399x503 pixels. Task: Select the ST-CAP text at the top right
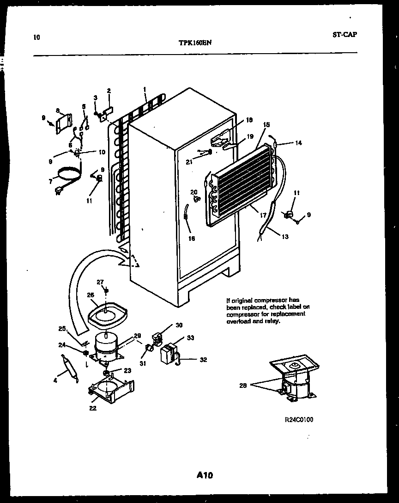(x=344, y=34)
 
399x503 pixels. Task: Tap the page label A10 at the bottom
(x=204, y=475)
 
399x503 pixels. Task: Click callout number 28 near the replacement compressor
(x=243, y=385)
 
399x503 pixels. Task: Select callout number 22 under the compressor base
(x=93, y=408)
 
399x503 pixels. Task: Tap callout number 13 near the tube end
(x=284, y=237)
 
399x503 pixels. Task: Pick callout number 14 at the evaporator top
(x=298, y=143)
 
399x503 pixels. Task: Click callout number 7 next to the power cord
(x=50, y=182)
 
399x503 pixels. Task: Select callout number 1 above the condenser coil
(x=145, y=89)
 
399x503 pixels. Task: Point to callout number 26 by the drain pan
(x=91, y=295)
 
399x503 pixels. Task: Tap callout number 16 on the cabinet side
(x=191, y=239)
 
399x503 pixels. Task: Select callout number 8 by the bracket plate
(x=58, y=110)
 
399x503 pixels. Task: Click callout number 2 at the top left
(x=109, y=91)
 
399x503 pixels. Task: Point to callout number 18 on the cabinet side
(x=249, y=120)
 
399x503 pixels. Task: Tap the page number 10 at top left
(x=36, y=37)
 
